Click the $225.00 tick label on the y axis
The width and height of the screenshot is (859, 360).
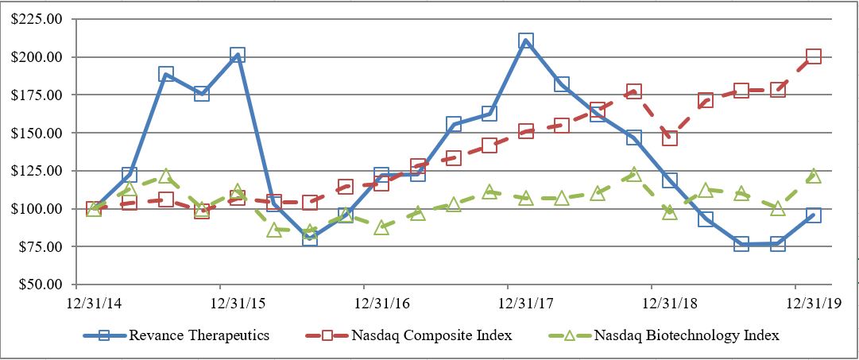37,20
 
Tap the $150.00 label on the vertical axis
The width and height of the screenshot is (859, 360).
37,133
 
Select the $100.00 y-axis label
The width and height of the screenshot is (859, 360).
37,208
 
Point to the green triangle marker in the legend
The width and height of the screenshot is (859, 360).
569,335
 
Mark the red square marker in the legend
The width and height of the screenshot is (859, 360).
327,335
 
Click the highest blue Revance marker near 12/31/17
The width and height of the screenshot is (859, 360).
525,41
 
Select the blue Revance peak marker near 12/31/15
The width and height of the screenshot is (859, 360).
237,55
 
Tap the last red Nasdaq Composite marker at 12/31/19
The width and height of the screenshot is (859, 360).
813,56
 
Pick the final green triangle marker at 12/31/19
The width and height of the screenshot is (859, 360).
813,176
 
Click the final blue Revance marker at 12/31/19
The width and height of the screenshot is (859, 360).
813,215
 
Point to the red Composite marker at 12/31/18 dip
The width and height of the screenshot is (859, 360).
669,138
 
